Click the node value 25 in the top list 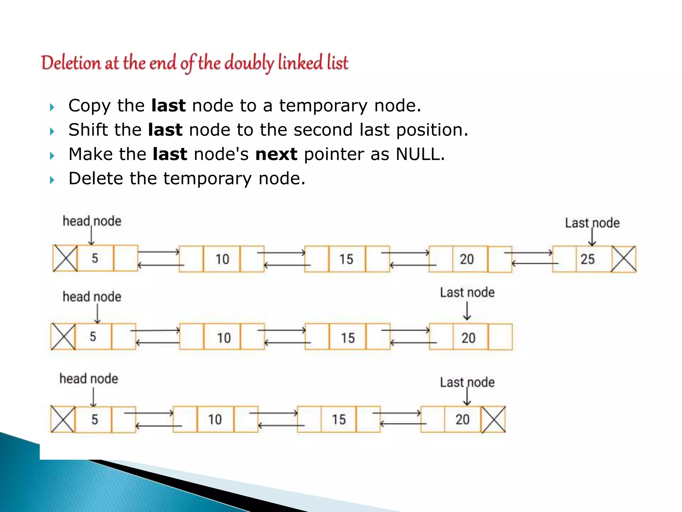tap(587, 259)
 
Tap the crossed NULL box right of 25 tap(624, 259)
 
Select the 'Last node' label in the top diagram tap(592, 223)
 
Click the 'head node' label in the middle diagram tap(92, 296)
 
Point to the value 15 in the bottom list tap(339, 419)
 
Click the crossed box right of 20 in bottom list tap(494, 419)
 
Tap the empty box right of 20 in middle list tap(500, 337)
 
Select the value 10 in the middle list tap(224, 338)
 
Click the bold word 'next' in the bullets tap(276, 154)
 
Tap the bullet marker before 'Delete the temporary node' tap(52, 180)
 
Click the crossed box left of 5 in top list tap(65, 258)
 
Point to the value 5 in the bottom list tap(95, 419)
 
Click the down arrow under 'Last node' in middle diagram tap(467, 311)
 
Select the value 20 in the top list tap(467, 259)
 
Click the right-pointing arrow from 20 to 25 tap(529, 253)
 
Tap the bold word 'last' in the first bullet tap(168, 105)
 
